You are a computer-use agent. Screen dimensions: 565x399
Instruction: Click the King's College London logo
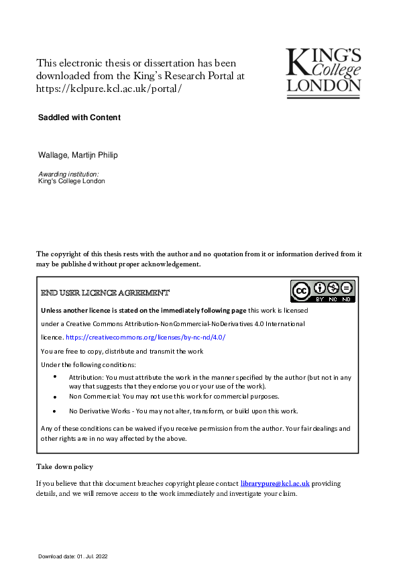[324, 70]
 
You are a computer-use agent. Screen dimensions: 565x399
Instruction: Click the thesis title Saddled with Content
[80, 117]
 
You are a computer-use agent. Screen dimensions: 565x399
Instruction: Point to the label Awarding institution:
[69, 174]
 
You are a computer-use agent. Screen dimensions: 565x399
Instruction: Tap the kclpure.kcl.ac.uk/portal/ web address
[109, 89]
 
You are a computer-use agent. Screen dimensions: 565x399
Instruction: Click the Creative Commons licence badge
[323, 291]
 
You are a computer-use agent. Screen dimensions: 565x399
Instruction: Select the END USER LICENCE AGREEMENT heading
[105, 293]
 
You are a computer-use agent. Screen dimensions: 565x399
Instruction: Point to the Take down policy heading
[64, 466]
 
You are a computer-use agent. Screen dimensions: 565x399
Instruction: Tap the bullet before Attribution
[55, 378]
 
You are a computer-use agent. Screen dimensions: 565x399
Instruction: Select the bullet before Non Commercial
[55, 397]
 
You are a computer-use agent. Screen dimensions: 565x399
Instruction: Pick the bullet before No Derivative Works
[55, 411]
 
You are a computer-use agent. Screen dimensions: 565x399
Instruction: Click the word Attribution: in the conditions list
[86, 378]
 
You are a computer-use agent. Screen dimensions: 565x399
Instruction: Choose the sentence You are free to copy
[122, 351]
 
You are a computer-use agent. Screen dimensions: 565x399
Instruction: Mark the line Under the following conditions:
[89, 364]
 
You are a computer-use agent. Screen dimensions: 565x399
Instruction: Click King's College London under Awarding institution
[72, 181]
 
